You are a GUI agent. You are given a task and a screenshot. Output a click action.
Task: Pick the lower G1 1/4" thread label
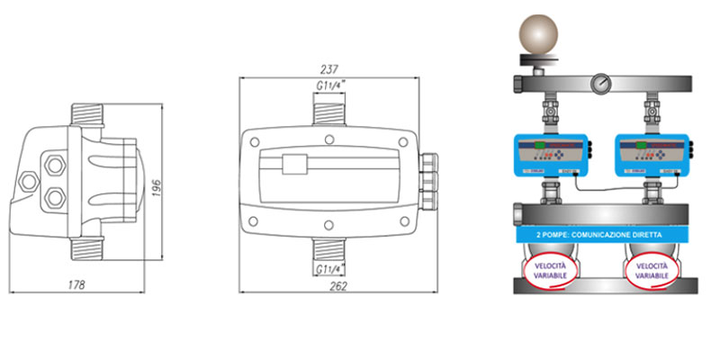pyautogui.click(x=332, y=268)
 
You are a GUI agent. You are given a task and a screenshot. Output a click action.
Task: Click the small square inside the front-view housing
pyautogui.click(x=292, y=166)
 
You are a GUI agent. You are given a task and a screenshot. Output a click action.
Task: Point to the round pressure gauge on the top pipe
pyautogui.click(x=598, y=85)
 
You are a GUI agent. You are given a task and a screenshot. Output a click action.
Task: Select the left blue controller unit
pyautogui.click(x=550, y=154)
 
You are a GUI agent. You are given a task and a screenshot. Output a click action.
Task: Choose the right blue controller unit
pyautogui.click(x=652, y=154)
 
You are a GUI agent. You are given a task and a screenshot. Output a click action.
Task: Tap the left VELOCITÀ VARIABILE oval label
pyautogui.click(x=550, y=272)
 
